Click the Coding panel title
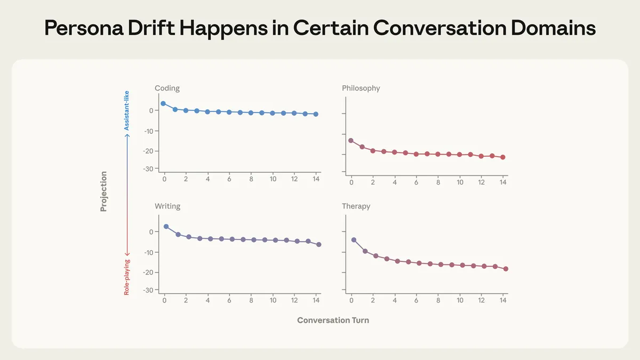coord(167,88)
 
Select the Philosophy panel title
coord(361,88)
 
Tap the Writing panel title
coord(167,206)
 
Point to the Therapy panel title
coord(356,206)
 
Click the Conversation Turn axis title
coord(333,320)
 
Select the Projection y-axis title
coord(103,191)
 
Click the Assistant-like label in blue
coord(126,110)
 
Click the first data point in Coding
coord(163,103)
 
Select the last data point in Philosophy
coord(503,157)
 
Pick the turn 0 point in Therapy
coord(354,240)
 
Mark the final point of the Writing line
coord(319,244)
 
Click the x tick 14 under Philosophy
coord(503,182)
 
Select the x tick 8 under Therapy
coord(438,301)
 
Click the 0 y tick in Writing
coord(151,232)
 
